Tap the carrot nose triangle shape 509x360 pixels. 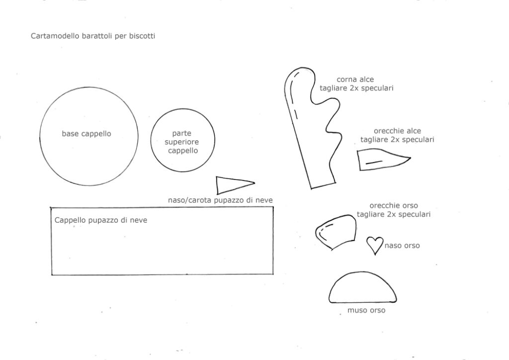[217, 185]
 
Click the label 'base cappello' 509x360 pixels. [86, 134]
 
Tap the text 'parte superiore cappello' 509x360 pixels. [182, 142]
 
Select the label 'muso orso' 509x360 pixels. [366, 310]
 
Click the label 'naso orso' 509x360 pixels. [402, 246]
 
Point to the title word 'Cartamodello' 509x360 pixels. [55, 36]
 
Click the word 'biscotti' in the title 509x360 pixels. [142, 36]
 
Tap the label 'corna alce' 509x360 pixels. [355, 80]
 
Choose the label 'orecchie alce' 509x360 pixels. [397, 131]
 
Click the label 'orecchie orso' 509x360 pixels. [394, 205]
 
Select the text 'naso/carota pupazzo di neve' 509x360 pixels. [220, 200]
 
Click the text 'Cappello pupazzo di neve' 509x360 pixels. [100, 220]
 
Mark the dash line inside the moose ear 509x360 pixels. [374, 162]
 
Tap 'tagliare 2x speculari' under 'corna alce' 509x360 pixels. [356, 88]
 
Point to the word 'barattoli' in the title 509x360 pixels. [97, 36]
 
